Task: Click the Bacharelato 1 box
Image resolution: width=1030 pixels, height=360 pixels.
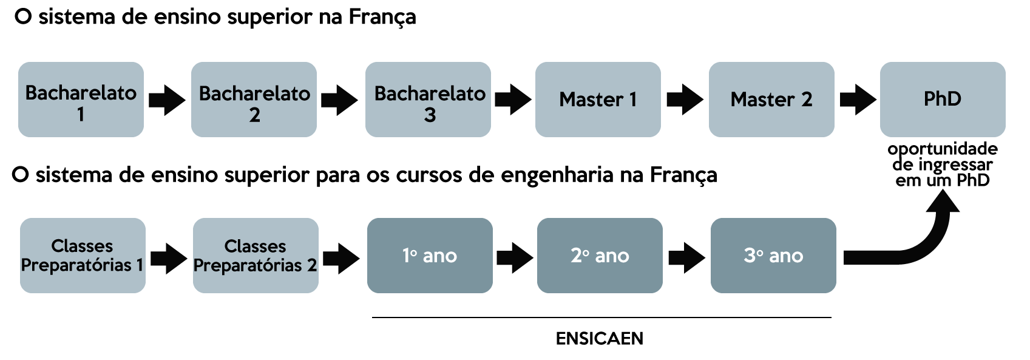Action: coord(81,100)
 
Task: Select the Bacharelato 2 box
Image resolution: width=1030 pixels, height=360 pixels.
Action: coord(254,100)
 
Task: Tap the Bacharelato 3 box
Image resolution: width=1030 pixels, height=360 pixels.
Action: coord(428,100)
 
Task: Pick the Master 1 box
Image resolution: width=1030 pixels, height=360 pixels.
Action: coord(598,100)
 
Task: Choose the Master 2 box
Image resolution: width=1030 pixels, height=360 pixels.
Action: coord(771,100)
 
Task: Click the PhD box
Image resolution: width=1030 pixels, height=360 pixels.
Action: coord(943,100)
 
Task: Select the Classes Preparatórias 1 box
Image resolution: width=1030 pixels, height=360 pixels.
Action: coord(83,256)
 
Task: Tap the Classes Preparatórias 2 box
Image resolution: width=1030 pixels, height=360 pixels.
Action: coord(256,256)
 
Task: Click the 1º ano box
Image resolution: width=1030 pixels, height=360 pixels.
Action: coord(430,256)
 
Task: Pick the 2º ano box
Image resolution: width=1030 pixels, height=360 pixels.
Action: coord(600,256)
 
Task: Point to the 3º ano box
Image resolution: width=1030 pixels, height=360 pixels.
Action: coord(773,256)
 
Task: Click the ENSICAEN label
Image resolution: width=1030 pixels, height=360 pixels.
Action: coord(600,338)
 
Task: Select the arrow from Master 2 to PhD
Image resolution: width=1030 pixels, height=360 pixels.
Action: coord(858,100)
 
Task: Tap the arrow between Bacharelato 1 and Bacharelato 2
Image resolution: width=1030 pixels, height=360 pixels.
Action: coord(167,100)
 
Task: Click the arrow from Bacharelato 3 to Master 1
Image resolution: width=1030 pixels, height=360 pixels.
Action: coord(513,100)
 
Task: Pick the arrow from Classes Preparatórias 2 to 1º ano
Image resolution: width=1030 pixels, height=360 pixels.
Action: coord(342,258)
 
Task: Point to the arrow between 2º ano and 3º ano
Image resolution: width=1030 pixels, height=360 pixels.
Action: coord(686,258)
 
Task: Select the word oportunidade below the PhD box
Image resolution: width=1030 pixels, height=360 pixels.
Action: coord(943,149)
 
